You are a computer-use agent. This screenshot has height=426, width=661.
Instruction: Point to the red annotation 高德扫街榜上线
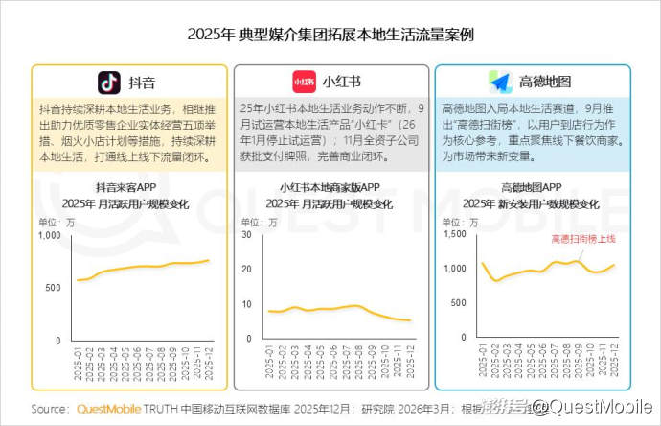click(581, 240)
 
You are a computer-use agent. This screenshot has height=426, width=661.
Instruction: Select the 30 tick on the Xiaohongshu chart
click(247, 235)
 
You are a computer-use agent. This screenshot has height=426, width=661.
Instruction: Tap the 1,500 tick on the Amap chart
click(452, 235)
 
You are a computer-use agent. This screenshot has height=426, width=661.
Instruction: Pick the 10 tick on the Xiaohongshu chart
click(247, 305)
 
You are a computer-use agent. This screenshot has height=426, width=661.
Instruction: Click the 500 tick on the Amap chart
click(457, 305)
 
